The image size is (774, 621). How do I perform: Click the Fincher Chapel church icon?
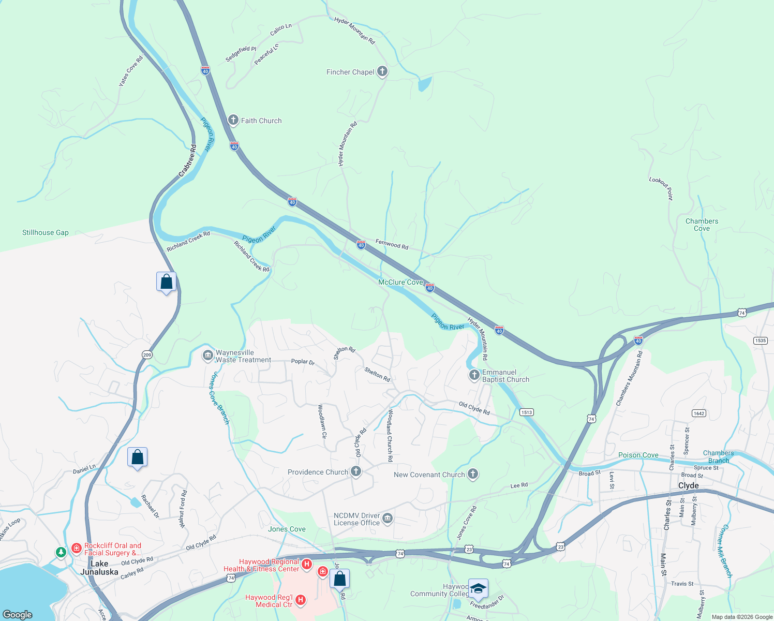[x=382, y=71]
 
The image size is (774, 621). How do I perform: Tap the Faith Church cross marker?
[x=233, y=120]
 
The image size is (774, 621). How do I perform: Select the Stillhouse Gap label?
[x=46, y=232]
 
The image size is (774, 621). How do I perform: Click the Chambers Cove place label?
[x=702, y=225]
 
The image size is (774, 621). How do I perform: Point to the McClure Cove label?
[x=400, y=282]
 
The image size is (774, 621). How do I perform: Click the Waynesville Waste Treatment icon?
[x=208, y=356]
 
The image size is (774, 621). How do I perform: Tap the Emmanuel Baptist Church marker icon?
[x=474, y=375]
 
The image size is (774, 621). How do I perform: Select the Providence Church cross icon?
[x=355, y=471]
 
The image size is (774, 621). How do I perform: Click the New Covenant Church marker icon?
[x=472, y=474]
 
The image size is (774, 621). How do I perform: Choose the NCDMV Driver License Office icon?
[x=387, y=518]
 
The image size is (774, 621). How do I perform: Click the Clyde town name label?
[x=688, y=485]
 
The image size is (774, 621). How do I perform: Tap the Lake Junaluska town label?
[x=99, y=567]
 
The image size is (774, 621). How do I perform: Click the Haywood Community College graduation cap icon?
[x=479, y=588]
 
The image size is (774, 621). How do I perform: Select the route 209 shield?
[x=147, y=354]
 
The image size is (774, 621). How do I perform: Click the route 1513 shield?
[x=526, y=412]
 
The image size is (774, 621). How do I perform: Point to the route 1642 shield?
[x=698, y=413]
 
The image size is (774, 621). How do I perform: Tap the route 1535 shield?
[x=760, y=340]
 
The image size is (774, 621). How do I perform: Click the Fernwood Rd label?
[x=392, y=244]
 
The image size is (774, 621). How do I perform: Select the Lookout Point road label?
[x=661, y=188]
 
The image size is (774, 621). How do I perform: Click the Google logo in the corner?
[x=18, y=614]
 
